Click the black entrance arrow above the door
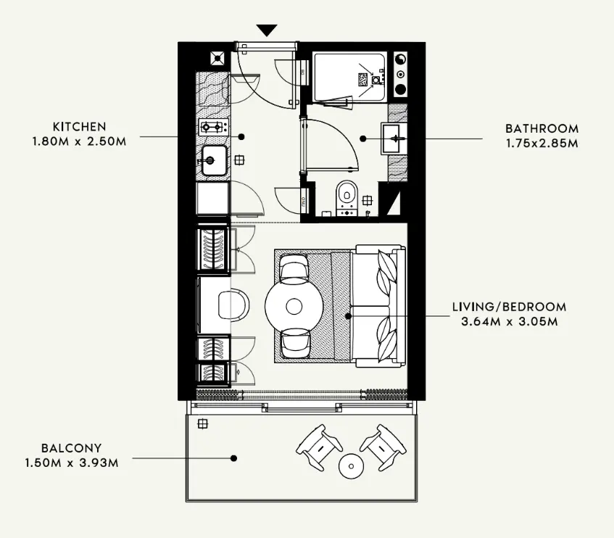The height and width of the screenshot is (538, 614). [x=267, y=30]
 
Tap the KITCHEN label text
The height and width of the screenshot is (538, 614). [x=80, y=127]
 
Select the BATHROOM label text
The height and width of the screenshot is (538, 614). [x=542, y=128]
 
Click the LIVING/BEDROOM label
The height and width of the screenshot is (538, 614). [x=510, y=307]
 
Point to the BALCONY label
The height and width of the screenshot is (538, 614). [x=72, y=448]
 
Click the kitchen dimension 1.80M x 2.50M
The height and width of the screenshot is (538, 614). [x=80, y=141]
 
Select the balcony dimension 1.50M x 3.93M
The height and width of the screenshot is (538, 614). [x=72, y=463]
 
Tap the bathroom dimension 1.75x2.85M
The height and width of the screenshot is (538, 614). [x=542, y=143]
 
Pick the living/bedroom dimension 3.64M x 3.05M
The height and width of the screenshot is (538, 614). [x=510, y=321]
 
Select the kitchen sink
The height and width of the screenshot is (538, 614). [x=214, y=160]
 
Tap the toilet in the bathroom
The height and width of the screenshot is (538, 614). [x=347, y=197]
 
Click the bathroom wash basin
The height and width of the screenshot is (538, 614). [x=394, y=138]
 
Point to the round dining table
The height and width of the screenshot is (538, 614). [x=294, y=306]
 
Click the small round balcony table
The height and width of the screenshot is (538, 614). [x=351, y=466]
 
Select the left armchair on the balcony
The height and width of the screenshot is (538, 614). [x=319, y=447]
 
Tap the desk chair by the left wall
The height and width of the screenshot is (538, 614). [x=233, y=305]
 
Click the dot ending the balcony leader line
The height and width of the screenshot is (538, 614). [x=233, y=458]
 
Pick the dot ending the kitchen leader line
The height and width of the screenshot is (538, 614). [x=241, y=136]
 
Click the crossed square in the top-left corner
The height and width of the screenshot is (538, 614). [x=217, y=58]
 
